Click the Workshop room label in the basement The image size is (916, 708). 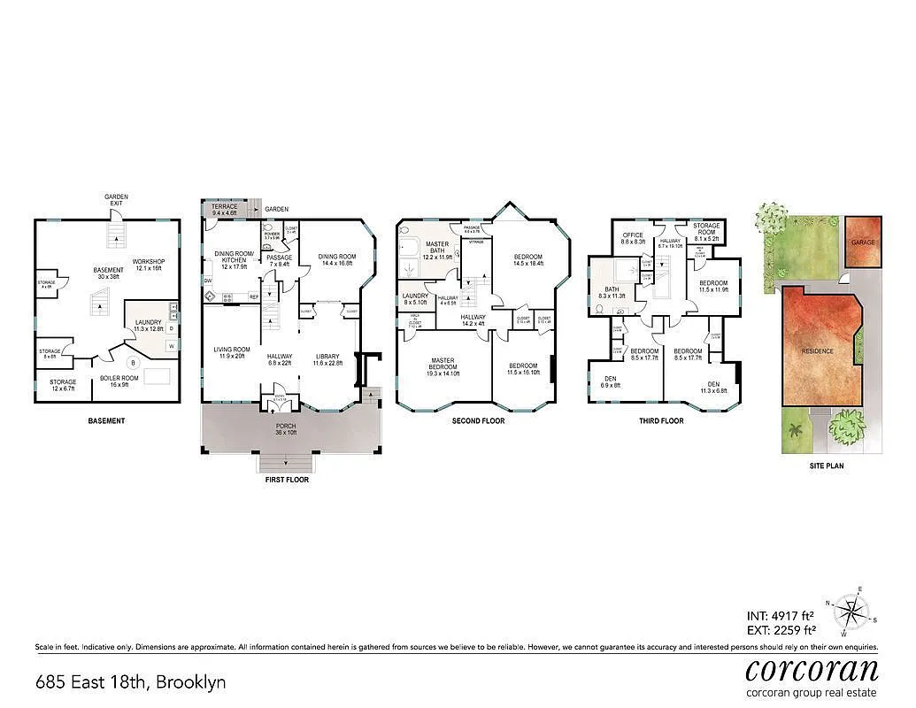pos(148,265)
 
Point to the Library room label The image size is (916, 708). pos(327,359)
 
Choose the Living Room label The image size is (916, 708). pos(232,352)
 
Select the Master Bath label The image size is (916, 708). pos(437,250)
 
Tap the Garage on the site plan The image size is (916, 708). pos(862,241)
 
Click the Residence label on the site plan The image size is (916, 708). pos(817,350)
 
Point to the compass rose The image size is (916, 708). pos(853,612)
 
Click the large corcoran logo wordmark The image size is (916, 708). pos(812,668)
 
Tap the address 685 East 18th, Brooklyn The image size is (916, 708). pos(130,682)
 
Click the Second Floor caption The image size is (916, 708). pos(478,421)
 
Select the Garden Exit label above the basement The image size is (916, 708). pos(116,200)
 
